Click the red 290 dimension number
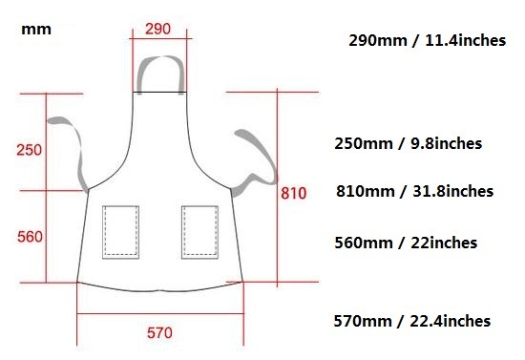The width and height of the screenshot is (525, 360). [x=157, y=29]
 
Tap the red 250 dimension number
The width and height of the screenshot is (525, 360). [x=30, y=150]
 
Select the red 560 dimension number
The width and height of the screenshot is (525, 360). [x=31, y=237]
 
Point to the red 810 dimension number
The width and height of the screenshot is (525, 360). [x=294, y=193]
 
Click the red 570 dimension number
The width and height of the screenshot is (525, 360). [x=160, y=333]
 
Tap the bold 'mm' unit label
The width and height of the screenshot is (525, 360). [x=36, y=30]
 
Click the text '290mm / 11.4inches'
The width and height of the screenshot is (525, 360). [x=428, y=40]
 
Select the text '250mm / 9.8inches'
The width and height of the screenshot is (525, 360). [x=409, y=143]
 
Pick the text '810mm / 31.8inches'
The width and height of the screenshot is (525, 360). [x=415, y=191]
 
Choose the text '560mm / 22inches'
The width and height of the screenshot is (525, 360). [x=406, y=243]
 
